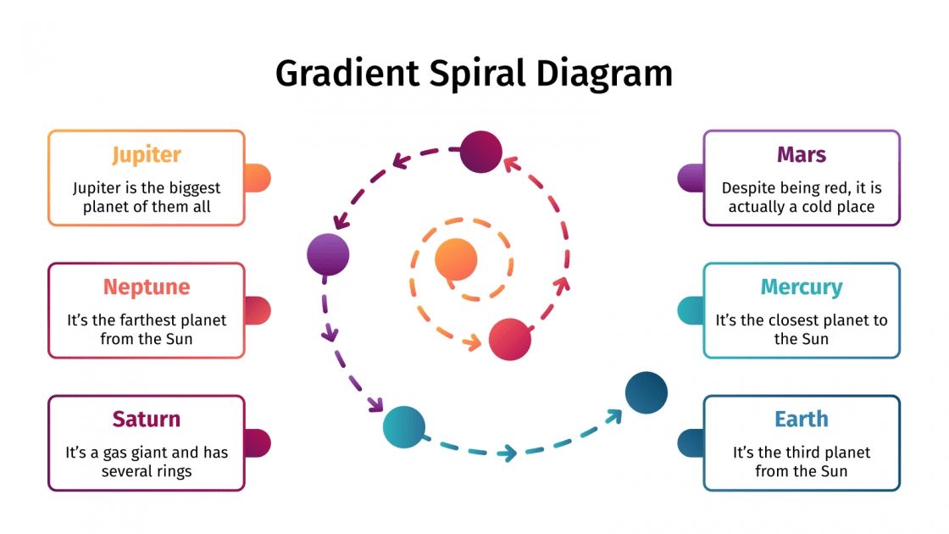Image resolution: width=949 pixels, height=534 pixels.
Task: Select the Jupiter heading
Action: point(147,154)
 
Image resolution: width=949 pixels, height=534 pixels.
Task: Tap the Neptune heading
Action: point(147,286)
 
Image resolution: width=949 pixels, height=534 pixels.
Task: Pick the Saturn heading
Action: point(147,419)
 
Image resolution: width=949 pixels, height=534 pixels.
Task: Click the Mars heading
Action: point(801,154)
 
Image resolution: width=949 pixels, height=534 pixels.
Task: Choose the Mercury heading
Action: point(801,286)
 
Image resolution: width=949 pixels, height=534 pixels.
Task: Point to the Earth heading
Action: point(801,419)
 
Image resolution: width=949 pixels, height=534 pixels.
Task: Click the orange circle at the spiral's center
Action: point(456,259)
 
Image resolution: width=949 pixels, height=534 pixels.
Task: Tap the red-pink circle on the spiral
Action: point(510,339)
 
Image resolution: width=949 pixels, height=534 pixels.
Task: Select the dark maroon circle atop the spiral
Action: point(480,152)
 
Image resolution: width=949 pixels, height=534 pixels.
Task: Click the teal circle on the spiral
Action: point(403,426)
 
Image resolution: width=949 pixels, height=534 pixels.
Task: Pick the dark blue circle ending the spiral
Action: point(647,392)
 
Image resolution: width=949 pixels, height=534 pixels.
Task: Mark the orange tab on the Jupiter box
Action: point(258,178)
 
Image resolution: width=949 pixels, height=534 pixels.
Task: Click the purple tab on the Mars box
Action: point(691,178)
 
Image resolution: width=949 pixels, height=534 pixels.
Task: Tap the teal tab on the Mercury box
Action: point(691,310)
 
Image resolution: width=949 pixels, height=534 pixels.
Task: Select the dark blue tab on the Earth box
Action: point(691,442)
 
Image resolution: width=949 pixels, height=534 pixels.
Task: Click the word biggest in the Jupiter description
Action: point(192,188)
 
